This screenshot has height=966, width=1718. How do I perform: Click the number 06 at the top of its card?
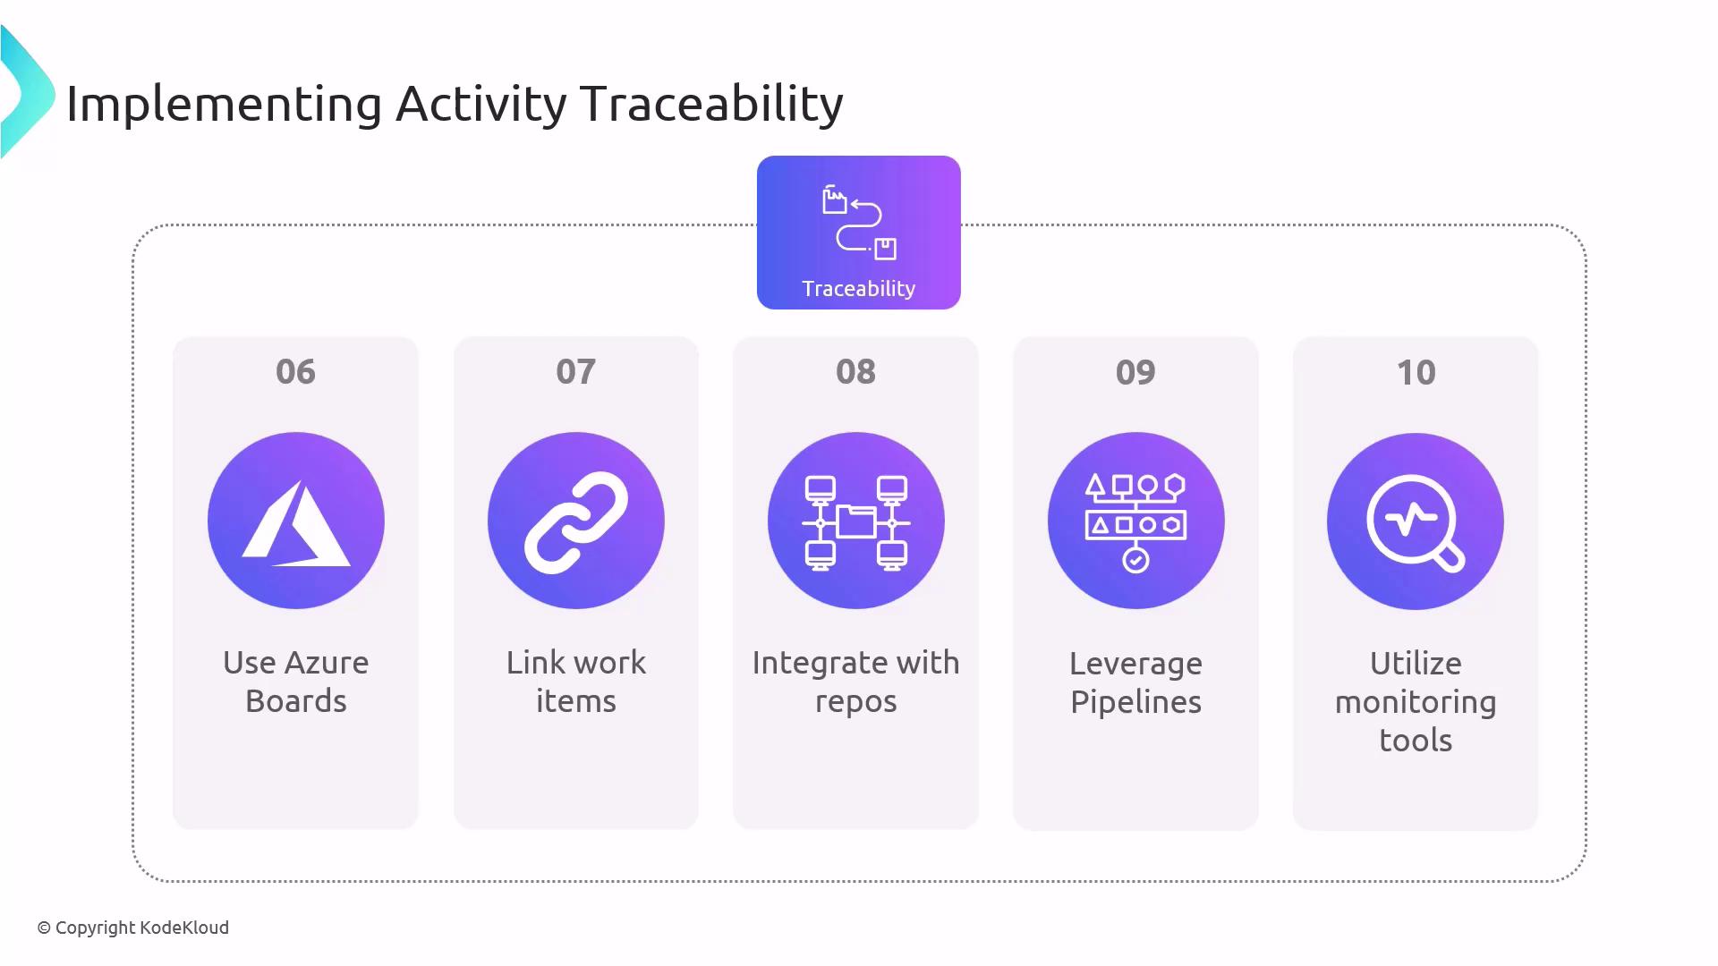click(295, 372)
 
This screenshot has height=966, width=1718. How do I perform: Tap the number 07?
click(575, 372)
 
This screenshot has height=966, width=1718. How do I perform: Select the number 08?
click(855, 372)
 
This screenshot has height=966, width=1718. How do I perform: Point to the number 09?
click(1135, 372)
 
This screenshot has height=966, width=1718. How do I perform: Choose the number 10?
click(1416, 372)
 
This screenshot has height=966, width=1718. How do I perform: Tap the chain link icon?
click(576, 521)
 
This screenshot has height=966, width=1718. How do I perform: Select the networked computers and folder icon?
click(856, 523)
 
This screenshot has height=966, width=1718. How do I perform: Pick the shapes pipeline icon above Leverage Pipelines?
click(1136, 523)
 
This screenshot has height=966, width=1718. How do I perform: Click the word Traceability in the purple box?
click(859, 289)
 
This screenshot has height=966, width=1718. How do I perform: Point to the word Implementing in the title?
click(225, 106)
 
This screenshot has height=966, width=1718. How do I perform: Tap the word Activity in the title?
click(481, 106)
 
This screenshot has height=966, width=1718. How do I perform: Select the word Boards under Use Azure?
click(296, 701)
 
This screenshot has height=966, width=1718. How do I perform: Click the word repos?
click(855, 703)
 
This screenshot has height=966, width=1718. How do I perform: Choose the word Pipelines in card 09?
click(1135, 703)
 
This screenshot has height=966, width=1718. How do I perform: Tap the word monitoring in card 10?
click(1416, 703)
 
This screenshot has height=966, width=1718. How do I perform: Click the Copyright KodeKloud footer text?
click(133, 928)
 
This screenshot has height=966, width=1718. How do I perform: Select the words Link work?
click(576, 663)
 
